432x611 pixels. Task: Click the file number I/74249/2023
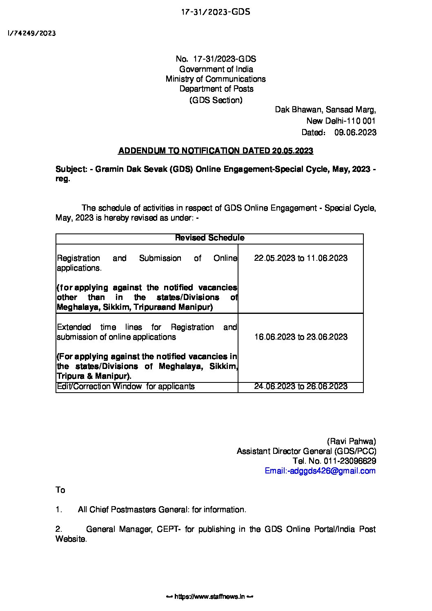(31, 33)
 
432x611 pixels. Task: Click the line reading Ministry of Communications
(216, 79)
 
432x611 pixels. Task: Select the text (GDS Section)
(216, 100)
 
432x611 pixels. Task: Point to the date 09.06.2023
(355, 132)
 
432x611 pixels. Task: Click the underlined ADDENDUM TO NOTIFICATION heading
(216, 151)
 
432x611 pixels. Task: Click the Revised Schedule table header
(209, 238)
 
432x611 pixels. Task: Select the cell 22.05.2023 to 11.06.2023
(301, 258)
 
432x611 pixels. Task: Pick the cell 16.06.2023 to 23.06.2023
(301, 337)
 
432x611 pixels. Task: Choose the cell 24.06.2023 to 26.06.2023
(301, 387)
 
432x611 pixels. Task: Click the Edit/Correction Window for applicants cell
(126, 387)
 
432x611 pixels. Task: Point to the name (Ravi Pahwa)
(351, 441)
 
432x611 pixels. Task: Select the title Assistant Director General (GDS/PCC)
(307, 451)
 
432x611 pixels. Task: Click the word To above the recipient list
(60, 490)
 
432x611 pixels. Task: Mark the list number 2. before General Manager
(59, 529)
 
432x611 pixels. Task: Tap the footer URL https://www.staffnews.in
(210, 597)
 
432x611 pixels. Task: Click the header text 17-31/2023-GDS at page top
(216, 12)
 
